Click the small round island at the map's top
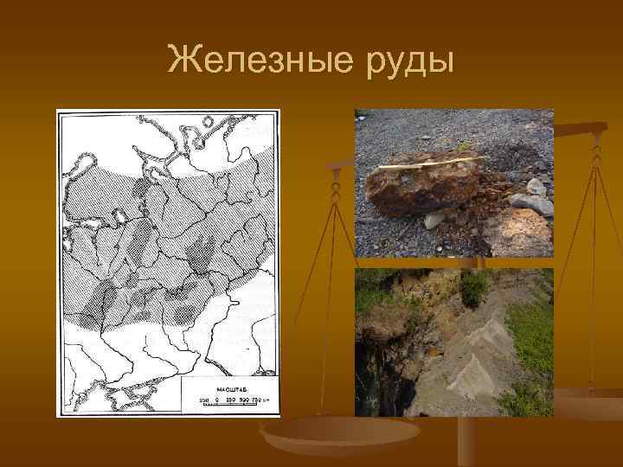[x=87, y=161]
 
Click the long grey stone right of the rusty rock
[x=530, y=204]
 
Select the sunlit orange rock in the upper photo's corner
[x=519, y=233]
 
